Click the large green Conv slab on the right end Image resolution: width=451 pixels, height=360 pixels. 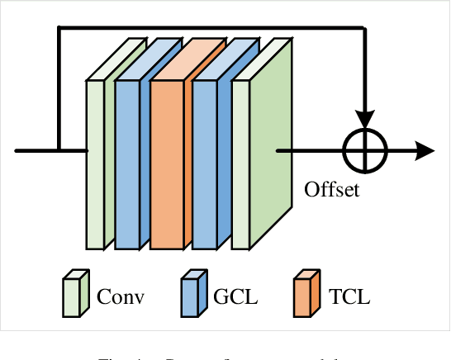click(x=263, y=157)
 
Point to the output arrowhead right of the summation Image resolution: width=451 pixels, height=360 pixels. click(x=425, y=151)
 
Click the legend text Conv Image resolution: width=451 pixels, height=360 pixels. click(x=121, y=296)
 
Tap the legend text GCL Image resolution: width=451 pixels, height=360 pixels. click(x=235, y=296)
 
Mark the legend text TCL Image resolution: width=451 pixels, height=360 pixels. click(x=349, y=296)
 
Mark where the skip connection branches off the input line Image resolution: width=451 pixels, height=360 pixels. click(x=59, y=151)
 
